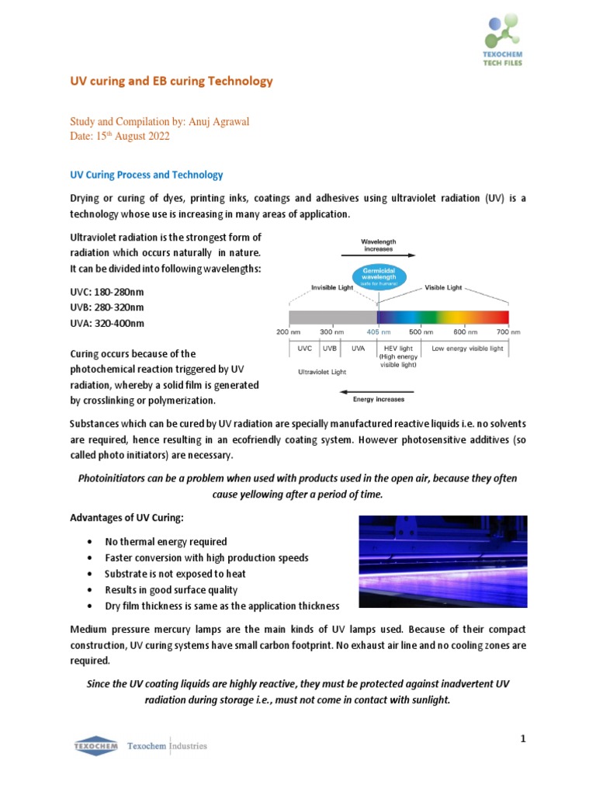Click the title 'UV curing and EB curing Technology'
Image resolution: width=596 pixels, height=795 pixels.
pyautogui.click(x=172, y=81)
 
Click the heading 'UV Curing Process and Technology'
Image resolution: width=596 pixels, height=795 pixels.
pyautogui.click(x=147, y=175)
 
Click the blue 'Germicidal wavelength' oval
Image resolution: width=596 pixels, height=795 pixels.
pyautogui.click(x=379, y=277)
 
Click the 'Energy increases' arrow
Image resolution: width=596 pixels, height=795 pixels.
pyautogui.click(x=379, y=391)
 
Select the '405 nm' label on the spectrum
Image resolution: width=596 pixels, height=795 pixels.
pyautogui.click(x=378, y=332)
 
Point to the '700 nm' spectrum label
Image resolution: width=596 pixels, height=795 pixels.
pyautogui.click(x=509, y=332)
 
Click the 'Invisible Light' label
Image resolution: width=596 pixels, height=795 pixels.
pyautogui.click(x=332, y=287)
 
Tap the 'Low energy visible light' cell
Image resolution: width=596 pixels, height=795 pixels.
pyautogui.click(x=467, y=349)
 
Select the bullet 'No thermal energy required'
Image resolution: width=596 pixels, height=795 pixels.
pyautogui.click(x=166, y=541)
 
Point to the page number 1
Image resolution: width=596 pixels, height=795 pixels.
pyautogui.click(x=523, y=738)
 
